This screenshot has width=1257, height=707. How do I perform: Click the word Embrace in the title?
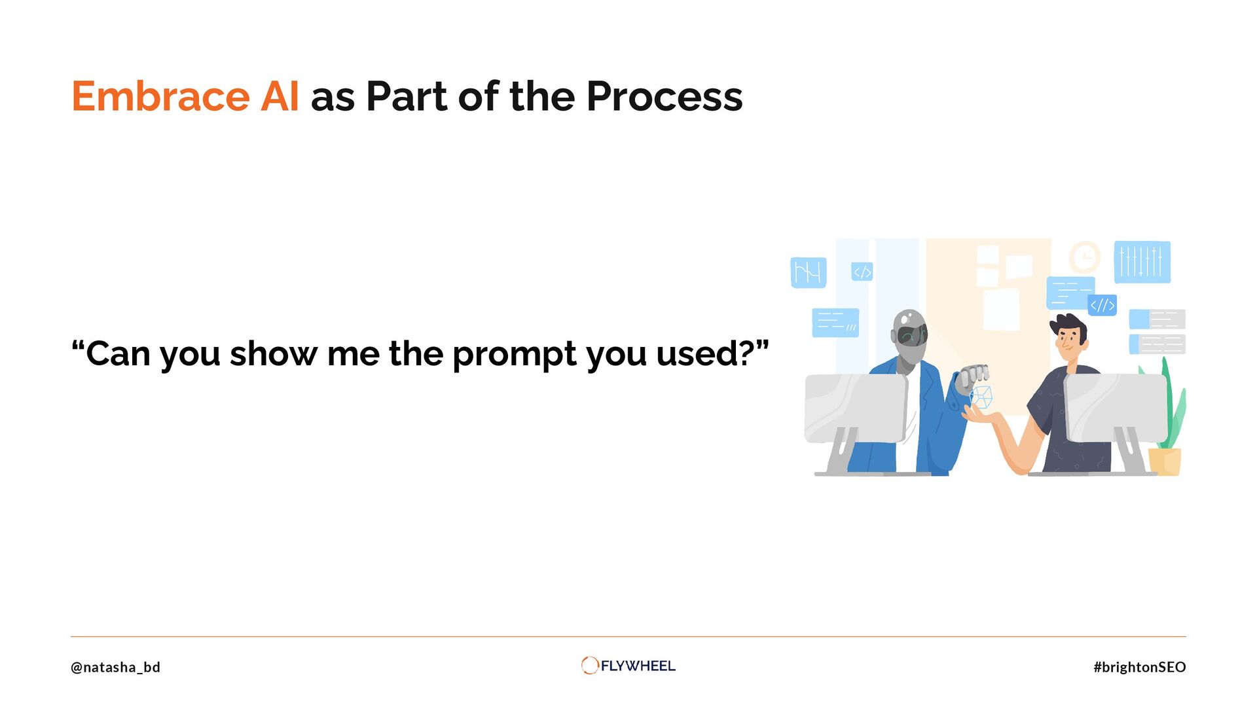pyautogui.click(x=160, y=97)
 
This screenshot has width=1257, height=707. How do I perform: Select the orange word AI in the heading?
pyautogui.click(x=280, y=97)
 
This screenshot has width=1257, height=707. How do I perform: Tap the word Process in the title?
pyautogui.click(x=665, y=97)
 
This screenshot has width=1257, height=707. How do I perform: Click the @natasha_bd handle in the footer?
pyautogui.click(x=115, y=667)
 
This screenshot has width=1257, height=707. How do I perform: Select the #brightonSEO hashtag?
pyautogui.click(x=1139, y=667)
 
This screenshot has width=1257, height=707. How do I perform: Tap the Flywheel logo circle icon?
pyautogui.click(x=589, y=665)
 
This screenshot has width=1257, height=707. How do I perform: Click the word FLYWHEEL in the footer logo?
pyautogui.click(x=638, y=666)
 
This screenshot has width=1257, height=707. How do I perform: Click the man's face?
pyautogui.click(x=1068, y=342)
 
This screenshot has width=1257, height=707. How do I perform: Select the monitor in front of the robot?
pyautogui.click(x=856, y=408)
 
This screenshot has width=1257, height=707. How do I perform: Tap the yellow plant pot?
pyautogui.click(x=1165, y=462)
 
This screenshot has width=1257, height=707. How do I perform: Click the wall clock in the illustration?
pyautogui.click(x=1085, y=257)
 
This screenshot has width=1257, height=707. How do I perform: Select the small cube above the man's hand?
pyautogui.click(x=981, y=397)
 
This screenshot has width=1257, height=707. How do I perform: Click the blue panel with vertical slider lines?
pyautogui.click(x=1142, y=262)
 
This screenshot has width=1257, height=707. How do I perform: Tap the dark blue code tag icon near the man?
pyautogui.click(x=1102, y=305)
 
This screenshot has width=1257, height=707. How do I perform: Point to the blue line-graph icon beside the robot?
pyautogui.click(x=809, y=272)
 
